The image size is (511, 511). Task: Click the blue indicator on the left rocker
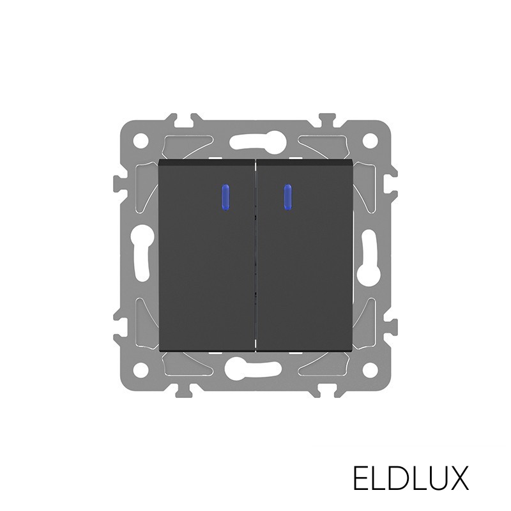point(225,197)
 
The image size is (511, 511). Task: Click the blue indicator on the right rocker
point(287,197)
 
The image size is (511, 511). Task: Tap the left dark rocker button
point(206,257)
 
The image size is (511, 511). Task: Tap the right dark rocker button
point(305,257)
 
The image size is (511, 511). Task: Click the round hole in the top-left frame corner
point(141,141)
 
